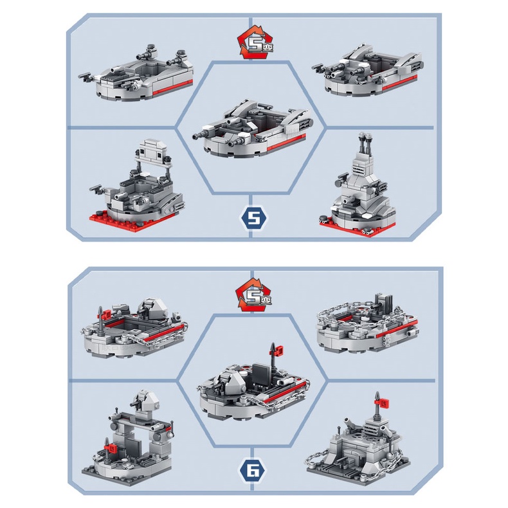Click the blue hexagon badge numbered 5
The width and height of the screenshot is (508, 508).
(253, 219)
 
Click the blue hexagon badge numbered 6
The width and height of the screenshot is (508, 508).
(253, 471)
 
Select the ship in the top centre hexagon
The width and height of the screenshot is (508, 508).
(253, 129)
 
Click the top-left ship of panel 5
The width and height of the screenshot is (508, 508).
(136, 75)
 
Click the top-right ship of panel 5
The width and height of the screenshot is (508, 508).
(368, 70)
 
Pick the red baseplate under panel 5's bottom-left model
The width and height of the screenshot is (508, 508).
(134, 221)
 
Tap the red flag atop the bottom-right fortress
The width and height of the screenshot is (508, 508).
(383, 403)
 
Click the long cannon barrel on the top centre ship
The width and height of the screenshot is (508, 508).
(204, 134)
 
